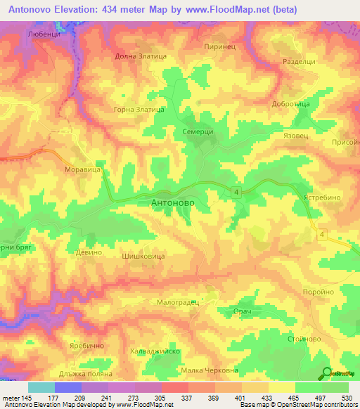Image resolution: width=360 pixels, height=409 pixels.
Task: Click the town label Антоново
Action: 179,202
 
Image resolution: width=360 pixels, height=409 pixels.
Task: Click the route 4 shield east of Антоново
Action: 238,192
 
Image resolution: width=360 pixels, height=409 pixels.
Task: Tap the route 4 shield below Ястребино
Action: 322,235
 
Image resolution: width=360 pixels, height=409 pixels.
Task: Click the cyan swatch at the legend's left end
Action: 41,387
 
